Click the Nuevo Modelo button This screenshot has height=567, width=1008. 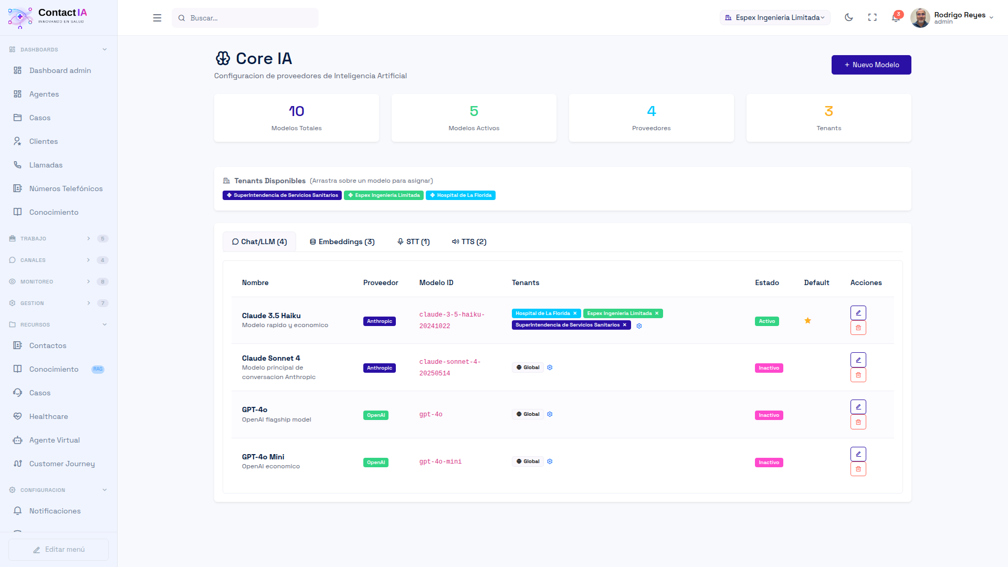point(871,65)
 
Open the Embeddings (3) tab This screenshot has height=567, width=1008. point(342,241)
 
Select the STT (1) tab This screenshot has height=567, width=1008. point(414,241)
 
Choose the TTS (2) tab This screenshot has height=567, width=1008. point(469,241)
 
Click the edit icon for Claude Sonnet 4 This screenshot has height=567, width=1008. point(858,360)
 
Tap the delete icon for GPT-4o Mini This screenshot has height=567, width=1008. point(858,469)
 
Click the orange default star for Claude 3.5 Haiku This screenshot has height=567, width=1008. point(807,321)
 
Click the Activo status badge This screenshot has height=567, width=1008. point(766,321)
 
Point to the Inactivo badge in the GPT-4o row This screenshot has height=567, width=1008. point(769,415)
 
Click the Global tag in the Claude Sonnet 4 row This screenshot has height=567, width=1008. point(528,367)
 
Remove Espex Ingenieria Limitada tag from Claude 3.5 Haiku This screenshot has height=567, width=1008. point(656,313)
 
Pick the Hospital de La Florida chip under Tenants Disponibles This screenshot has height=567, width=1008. point(460,195)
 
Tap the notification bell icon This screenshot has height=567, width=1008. point(896,17)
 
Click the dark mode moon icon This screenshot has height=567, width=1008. point(848,17)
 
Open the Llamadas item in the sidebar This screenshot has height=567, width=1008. point(46,165)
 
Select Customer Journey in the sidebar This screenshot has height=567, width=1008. point(62,464)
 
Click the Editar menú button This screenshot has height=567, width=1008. point(58,549)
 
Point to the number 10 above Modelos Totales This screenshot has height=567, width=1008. point(296,111)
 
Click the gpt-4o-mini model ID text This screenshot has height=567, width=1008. point(440,461)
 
